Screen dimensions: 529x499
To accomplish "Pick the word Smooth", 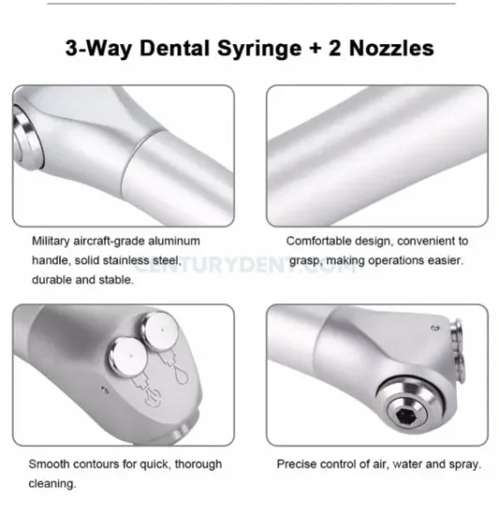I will click(x=51, y=464).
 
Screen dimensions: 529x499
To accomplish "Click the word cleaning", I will click(x=54, y=483).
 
